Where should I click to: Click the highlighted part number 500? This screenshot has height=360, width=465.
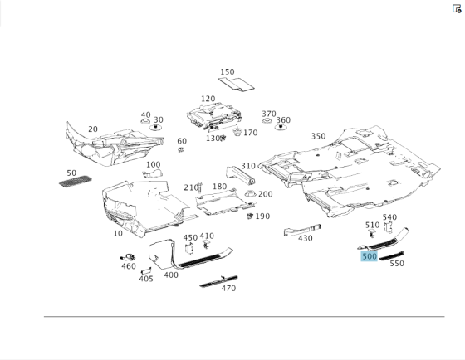370,256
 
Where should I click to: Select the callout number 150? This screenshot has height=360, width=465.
228,71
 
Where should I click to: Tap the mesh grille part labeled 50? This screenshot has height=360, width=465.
76,181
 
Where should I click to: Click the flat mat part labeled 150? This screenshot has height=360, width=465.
237,84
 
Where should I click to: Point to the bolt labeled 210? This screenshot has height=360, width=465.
199,187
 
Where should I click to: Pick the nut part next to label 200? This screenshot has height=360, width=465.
250,194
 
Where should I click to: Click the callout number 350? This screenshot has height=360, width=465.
319,136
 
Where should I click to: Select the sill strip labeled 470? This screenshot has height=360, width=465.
218,281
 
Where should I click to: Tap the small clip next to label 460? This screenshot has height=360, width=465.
128,257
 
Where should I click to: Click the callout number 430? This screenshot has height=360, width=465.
306,238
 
